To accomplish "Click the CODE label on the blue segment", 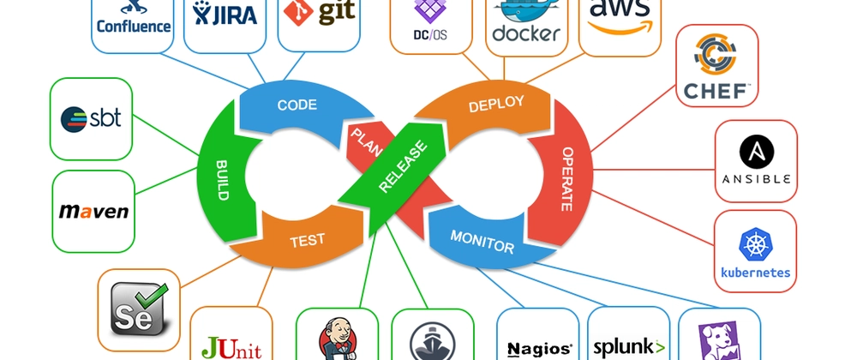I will [x=297, y=105].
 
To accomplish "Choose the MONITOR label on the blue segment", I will [x=482, y=241].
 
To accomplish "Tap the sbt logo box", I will [x=92, y=118].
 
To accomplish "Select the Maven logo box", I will [x=94, y=210].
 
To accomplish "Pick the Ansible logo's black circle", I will [x=756, y=153].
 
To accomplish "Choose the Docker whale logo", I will [x=525, y=15].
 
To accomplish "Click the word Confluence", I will [x=134, y=26].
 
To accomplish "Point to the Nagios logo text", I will [x=539, y=348].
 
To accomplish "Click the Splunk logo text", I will [x=629, y=347].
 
